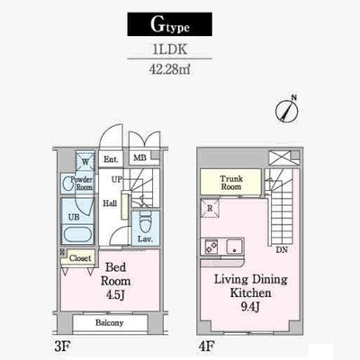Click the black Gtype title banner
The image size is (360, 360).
pyautogui.click(x=170, y=24)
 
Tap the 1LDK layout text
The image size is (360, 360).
pyautogui.click(x=170, y=49)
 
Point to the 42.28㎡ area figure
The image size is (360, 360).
pyautogui.click(x=170, y=69)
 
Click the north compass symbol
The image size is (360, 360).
pyautogui.click(x=287, y=110)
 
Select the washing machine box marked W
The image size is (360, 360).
pyautogui.click(x=85, y=162)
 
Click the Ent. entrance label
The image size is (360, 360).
pyautogui.click(x=111, y=159)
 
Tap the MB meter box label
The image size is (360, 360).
pyautogui.click(x=139, y=157)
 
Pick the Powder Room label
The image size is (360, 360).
pyautogui.click(x=81, y=184)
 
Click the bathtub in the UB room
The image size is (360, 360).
pyautogui.click(x=77, y=234)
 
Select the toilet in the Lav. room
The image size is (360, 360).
pyautogui.click(x=146, y=222)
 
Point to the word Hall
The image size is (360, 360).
pyautogui.click(x=110, y=203)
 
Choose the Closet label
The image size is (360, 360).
pyautogui.click(x=80, y=258)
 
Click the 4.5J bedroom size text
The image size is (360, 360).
pyautogui.click(x=115, y=295)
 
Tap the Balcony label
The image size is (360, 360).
pyautogui.click(x=110, y=323)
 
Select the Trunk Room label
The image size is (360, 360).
pyautogui.click(x=231, y=183)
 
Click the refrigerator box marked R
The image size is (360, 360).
pyautogui.click(x=210, y=208)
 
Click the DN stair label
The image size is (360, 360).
pyautogui.click(x=282, y=249)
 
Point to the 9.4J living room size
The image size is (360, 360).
pyautogui.click(x=250, y=307)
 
